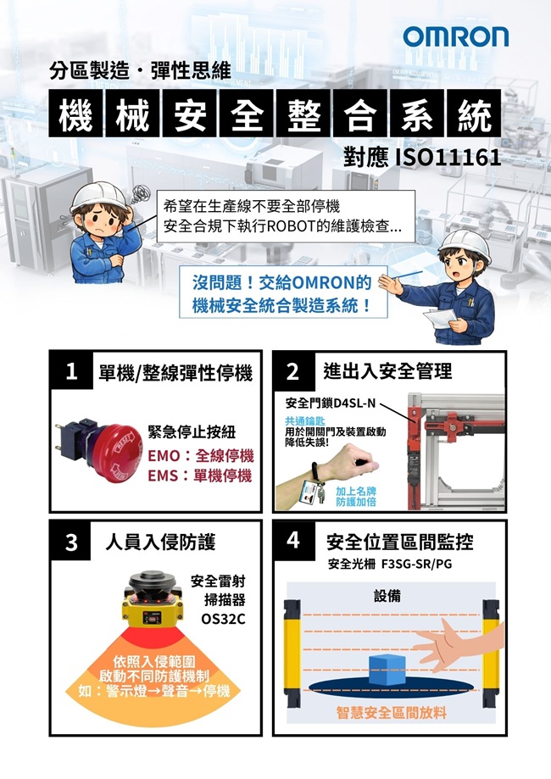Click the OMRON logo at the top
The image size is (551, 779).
point(455,36)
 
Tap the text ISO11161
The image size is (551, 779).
point(448,158)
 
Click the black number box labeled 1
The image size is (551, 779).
point(71,370)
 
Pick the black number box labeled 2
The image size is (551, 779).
point(293,371)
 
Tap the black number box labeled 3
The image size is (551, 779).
point(70,541)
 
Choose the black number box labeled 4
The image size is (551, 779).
point(293,541)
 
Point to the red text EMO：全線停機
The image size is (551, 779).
point(201,455)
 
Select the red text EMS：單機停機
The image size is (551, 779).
point(200,476)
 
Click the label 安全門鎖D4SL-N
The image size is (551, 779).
point(331,403)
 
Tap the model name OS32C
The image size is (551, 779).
point(223,619)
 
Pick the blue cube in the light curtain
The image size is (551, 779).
point(387,670)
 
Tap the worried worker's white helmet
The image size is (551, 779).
point(98,195)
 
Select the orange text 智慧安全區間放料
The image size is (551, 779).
point(392,713)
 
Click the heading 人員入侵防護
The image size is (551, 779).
point(160,542)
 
